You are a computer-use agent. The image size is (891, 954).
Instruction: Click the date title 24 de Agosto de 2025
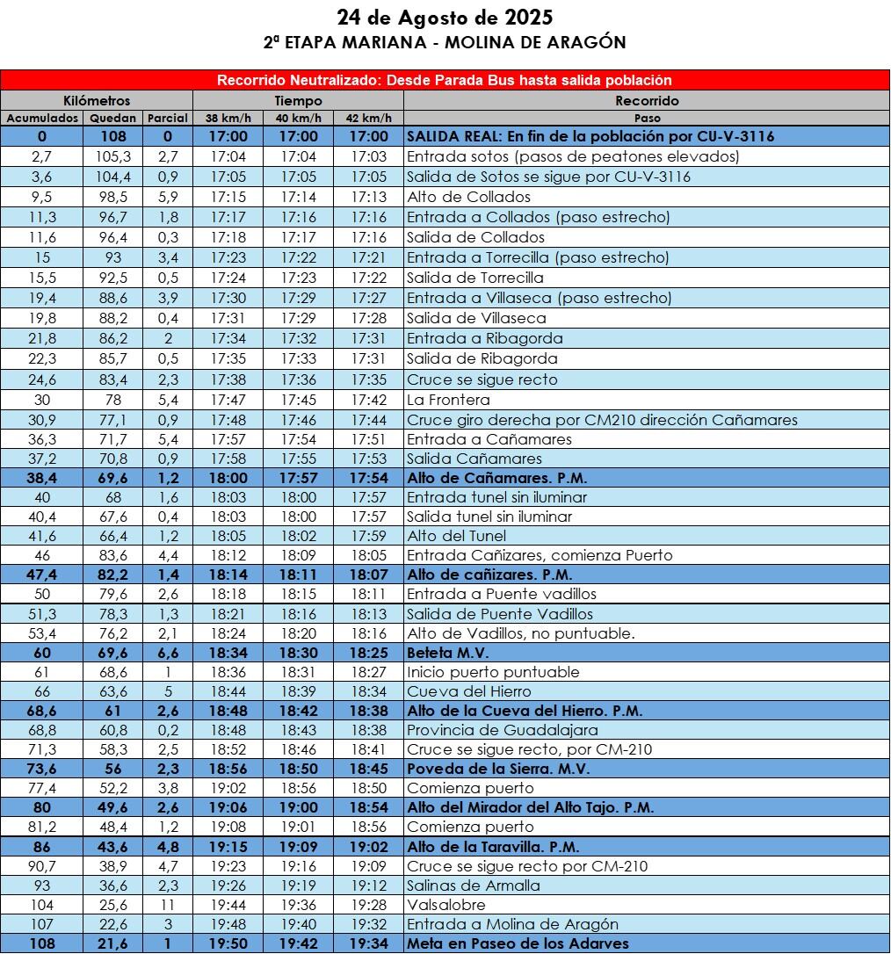[445, 18]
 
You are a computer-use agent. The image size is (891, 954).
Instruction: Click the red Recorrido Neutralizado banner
[445, 80]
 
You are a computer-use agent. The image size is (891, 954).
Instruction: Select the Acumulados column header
[42, 118]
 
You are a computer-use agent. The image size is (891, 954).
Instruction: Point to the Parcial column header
[167, 118]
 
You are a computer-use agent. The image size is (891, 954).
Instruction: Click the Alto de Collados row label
[468, 197]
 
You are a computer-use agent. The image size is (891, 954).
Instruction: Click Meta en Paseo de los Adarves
[518, 943]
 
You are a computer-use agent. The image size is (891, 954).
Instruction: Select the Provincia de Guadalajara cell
[502, 730]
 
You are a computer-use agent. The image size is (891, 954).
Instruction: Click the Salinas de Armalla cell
[474, 885]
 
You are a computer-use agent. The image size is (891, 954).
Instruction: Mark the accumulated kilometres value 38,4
[42, 478]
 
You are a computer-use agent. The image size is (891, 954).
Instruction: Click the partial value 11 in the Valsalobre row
[167, 905]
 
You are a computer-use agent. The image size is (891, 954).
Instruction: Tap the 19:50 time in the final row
[228, 943]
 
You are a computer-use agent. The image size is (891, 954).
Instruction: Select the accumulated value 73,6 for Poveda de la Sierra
[42, 769]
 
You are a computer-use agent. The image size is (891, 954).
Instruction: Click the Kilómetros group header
[97, 100]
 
